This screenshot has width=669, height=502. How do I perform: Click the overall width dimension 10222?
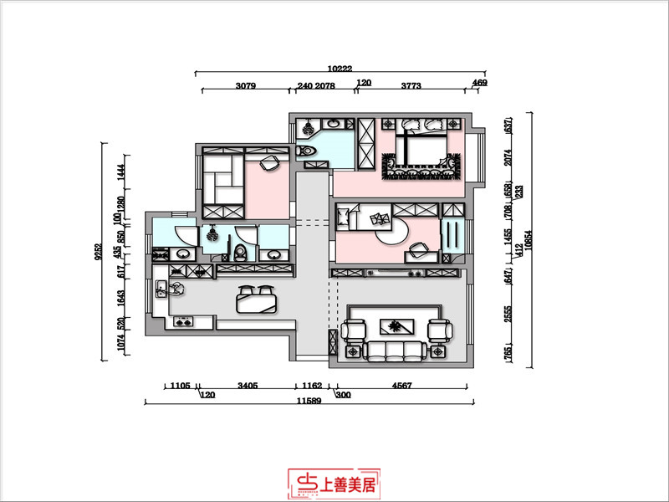[339, 66]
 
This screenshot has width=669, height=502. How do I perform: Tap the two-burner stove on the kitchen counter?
[182, 321]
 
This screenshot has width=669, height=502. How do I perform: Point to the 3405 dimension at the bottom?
[247, 387]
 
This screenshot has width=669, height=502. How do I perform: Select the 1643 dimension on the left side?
[122, 295]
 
